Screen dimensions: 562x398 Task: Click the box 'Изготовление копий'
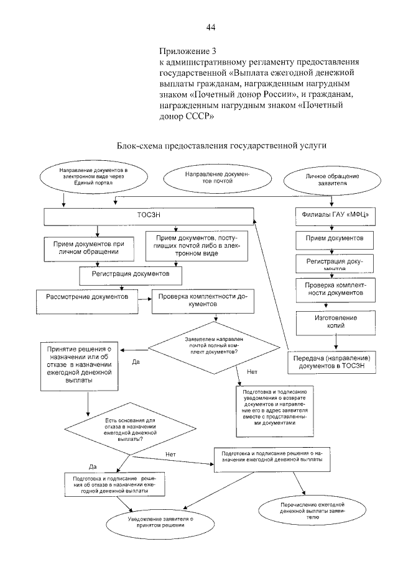pos(334,320)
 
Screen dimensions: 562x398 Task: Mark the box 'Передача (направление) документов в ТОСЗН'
pos(333,362)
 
